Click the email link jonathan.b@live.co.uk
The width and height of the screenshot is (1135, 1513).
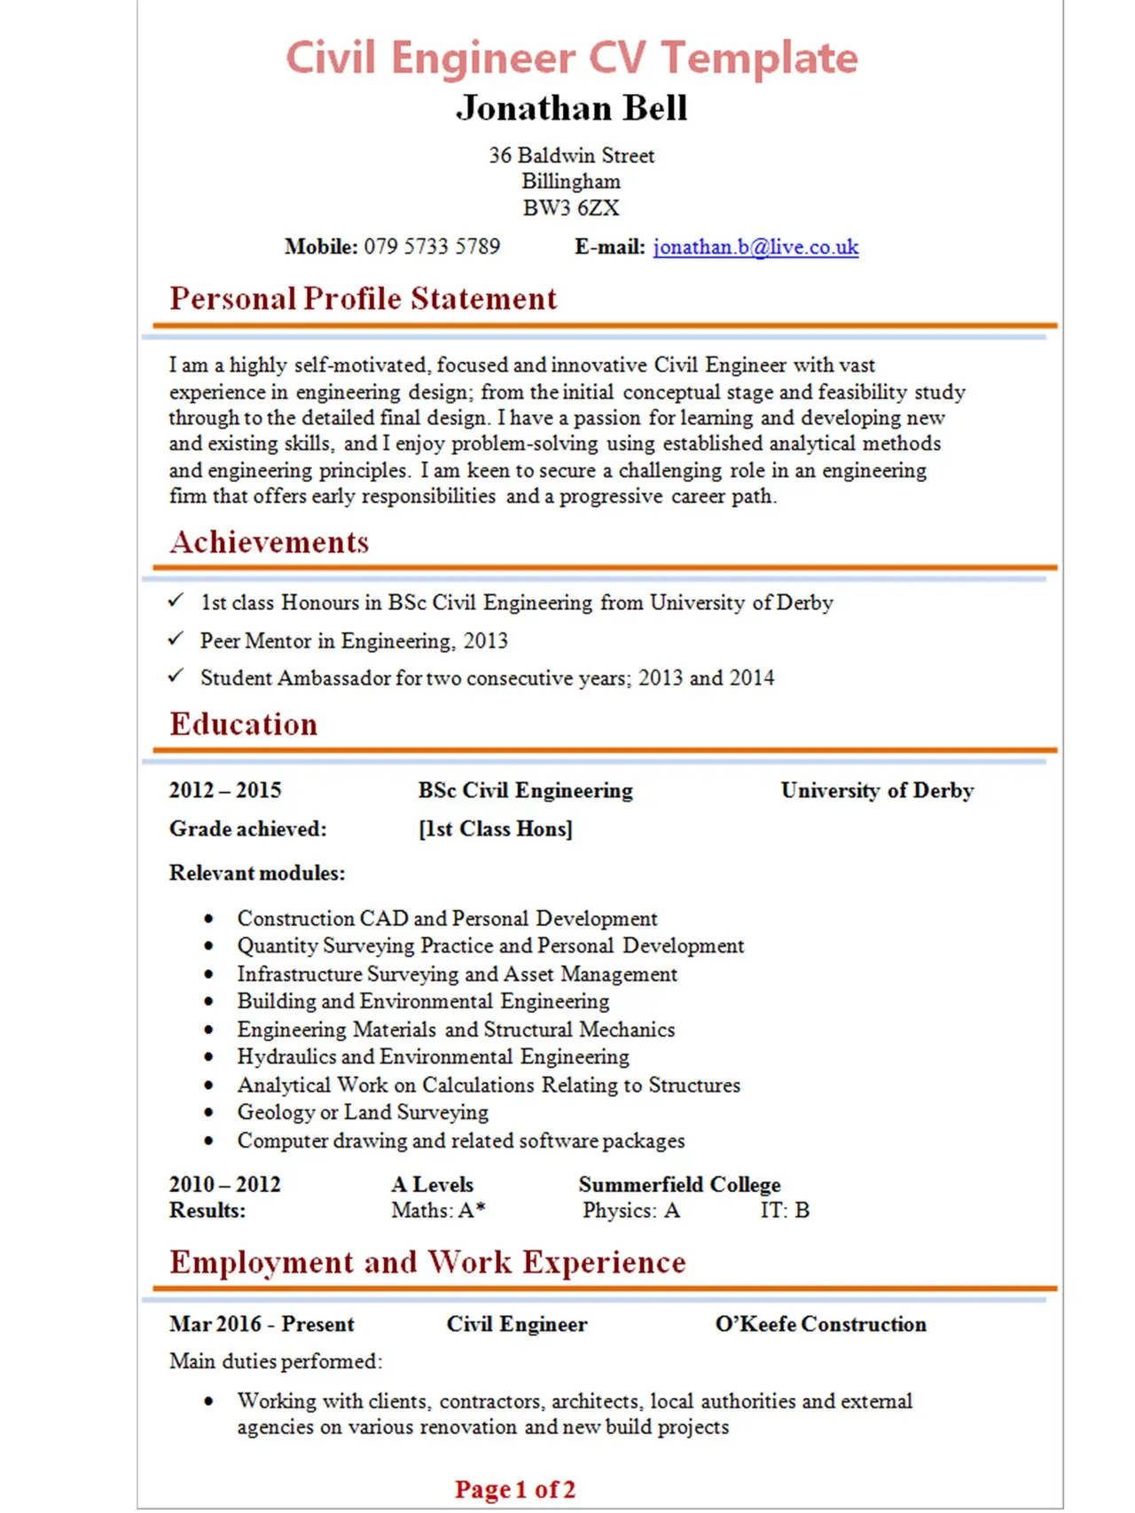pos(755,247)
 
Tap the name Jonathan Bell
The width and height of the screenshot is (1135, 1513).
pos(572,108)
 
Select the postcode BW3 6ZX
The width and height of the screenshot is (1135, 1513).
pos(571,208)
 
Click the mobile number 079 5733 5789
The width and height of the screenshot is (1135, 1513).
pos(432,247)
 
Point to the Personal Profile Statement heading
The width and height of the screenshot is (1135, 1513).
pos(364,299)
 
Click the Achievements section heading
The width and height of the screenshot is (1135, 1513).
pos(270,542)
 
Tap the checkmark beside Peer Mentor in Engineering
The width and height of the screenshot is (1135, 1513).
pos(176,639)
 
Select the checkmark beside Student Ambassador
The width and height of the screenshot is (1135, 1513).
pos(176,676)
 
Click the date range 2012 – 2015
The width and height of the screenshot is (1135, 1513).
pos(225,790)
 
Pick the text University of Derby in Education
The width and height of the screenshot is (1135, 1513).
pos(877,790)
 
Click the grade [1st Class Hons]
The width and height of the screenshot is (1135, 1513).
pos(496,829)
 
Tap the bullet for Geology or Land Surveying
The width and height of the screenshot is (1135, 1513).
pos(209,1113)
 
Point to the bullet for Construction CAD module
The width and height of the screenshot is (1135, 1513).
pos(209,919)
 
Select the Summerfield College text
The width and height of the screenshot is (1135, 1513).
pos(679,1185)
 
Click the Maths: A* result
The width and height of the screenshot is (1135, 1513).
pos(438,1211)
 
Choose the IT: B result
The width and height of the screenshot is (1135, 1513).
pos(785,1211)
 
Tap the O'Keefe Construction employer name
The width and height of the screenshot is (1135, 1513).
pos(820,1324)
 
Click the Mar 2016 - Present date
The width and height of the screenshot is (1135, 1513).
pos(262,1324)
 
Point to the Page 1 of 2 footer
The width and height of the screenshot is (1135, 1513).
pos(515,1489)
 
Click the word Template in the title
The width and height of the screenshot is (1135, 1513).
pos(759,59)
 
